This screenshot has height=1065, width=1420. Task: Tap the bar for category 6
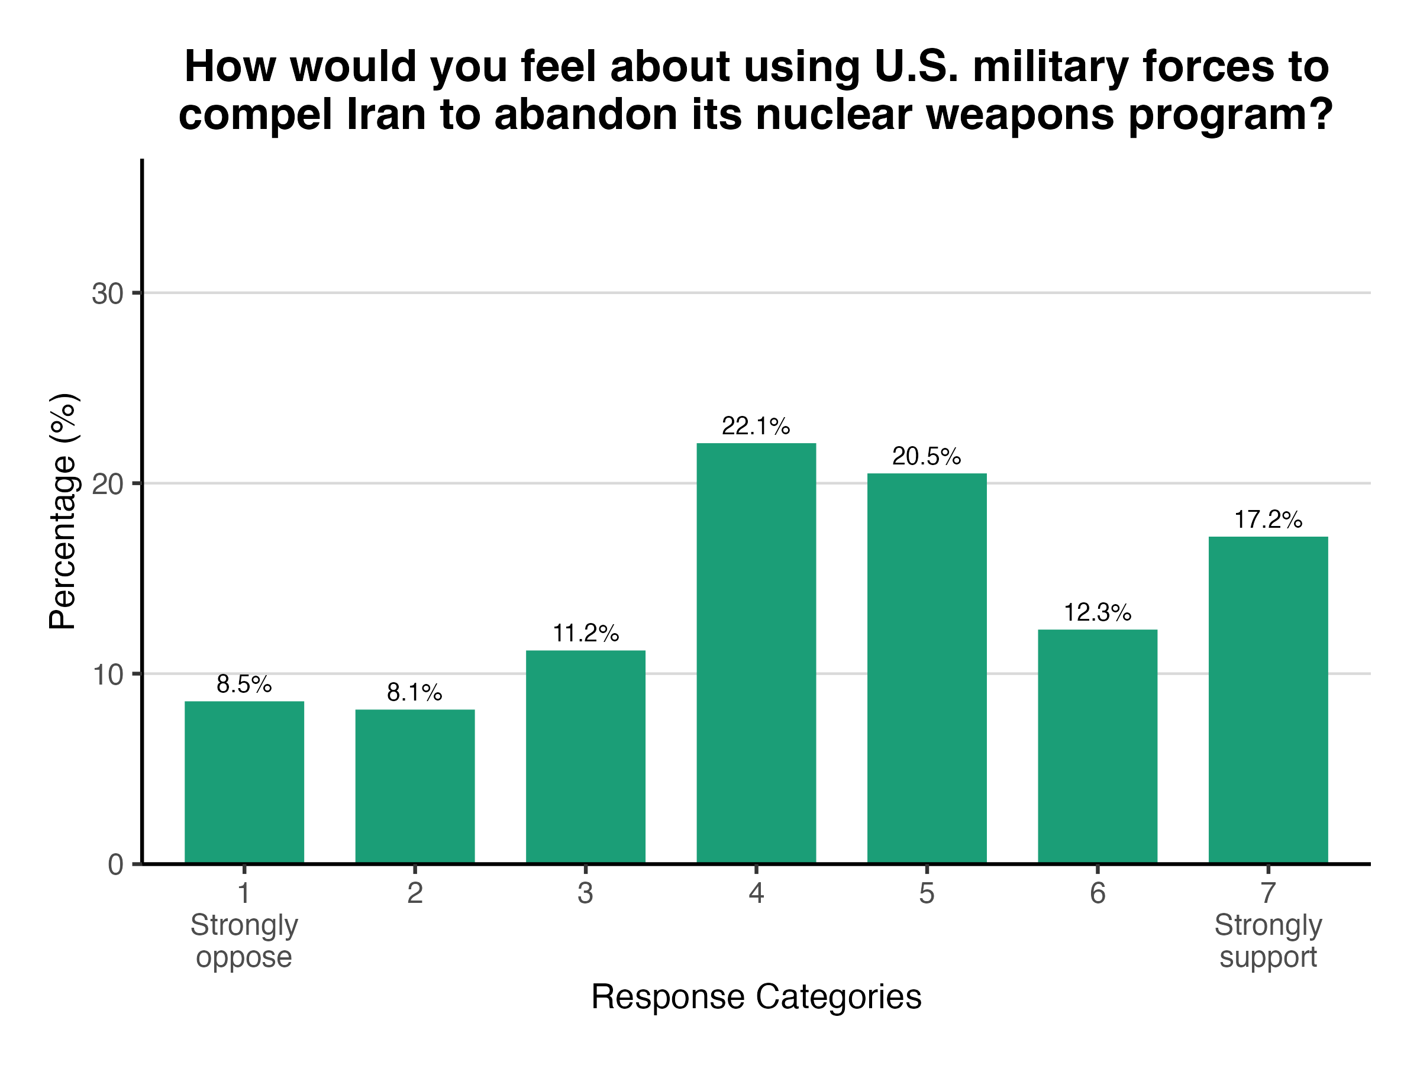click(x=1098, y=747)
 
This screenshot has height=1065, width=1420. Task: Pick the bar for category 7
click(x=1268, y=700)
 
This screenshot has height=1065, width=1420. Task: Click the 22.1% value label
click(x=756, y=426)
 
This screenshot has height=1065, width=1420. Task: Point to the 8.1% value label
click(x=414, y=693)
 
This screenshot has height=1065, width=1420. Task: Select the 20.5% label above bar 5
click(x=927, y=456)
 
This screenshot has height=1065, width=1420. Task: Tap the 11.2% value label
click(x=586, y=634)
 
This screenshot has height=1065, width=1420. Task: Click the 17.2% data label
click(x=1268, y=519)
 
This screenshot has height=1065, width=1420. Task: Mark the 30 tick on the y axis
click(x=107, y=294)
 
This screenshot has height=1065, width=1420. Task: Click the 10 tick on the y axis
click(x=107, y=674)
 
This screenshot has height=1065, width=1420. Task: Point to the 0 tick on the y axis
click(x=115, y=864)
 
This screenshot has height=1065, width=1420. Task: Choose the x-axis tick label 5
click(x=927, y=893)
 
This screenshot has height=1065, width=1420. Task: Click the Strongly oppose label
click(x=244, y=941)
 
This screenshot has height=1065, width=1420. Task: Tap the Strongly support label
click(x=1268, y=941)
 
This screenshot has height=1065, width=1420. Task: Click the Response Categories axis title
click(x=756, y=997)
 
